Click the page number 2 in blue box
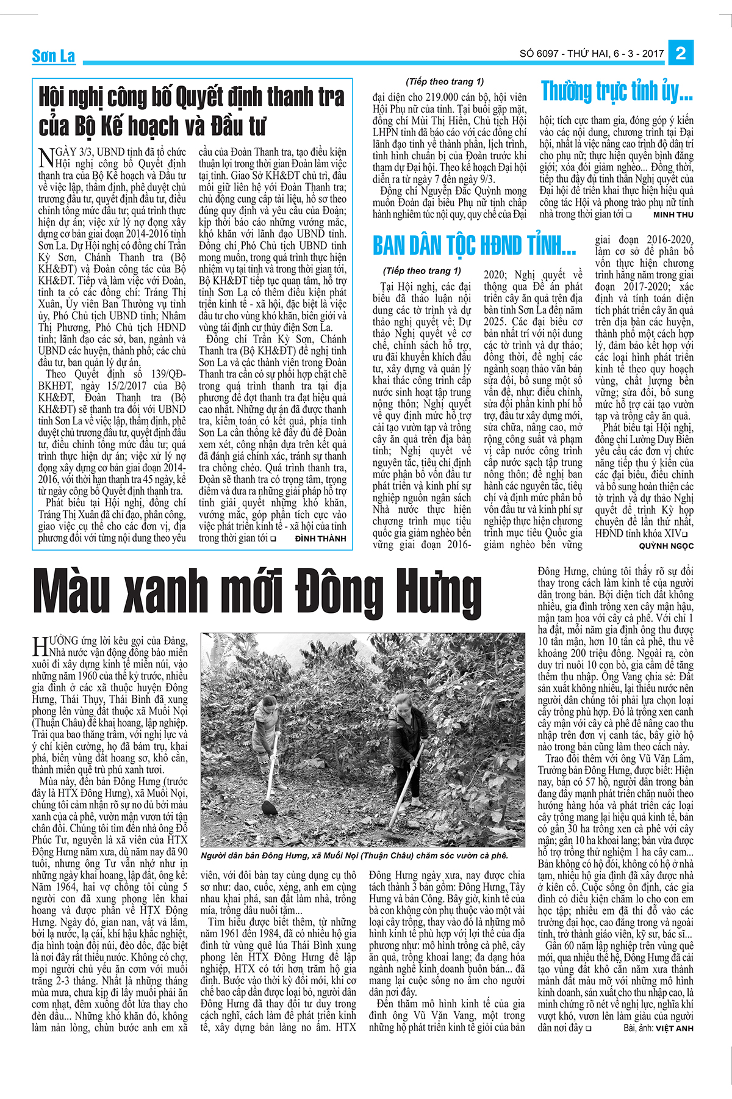[x=681, y=53]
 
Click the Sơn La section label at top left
[x=53, y=56]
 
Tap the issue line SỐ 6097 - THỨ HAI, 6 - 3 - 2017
[x=591, y=54]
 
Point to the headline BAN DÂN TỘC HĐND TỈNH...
[x=474, y=246]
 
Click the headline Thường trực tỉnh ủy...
[x=617, y=92]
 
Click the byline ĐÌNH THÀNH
[x=320, y=539]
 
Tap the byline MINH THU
[x=673, y=215]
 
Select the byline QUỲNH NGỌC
[x=666, y=546]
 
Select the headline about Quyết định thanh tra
[x=192, y=111]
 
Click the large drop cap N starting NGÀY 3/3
[x=46, y=157]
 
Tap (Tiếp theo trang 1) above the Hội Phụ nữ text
[x=445, y=82]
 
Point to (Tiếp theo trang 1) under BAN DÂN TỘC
[x=422, y=271]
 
